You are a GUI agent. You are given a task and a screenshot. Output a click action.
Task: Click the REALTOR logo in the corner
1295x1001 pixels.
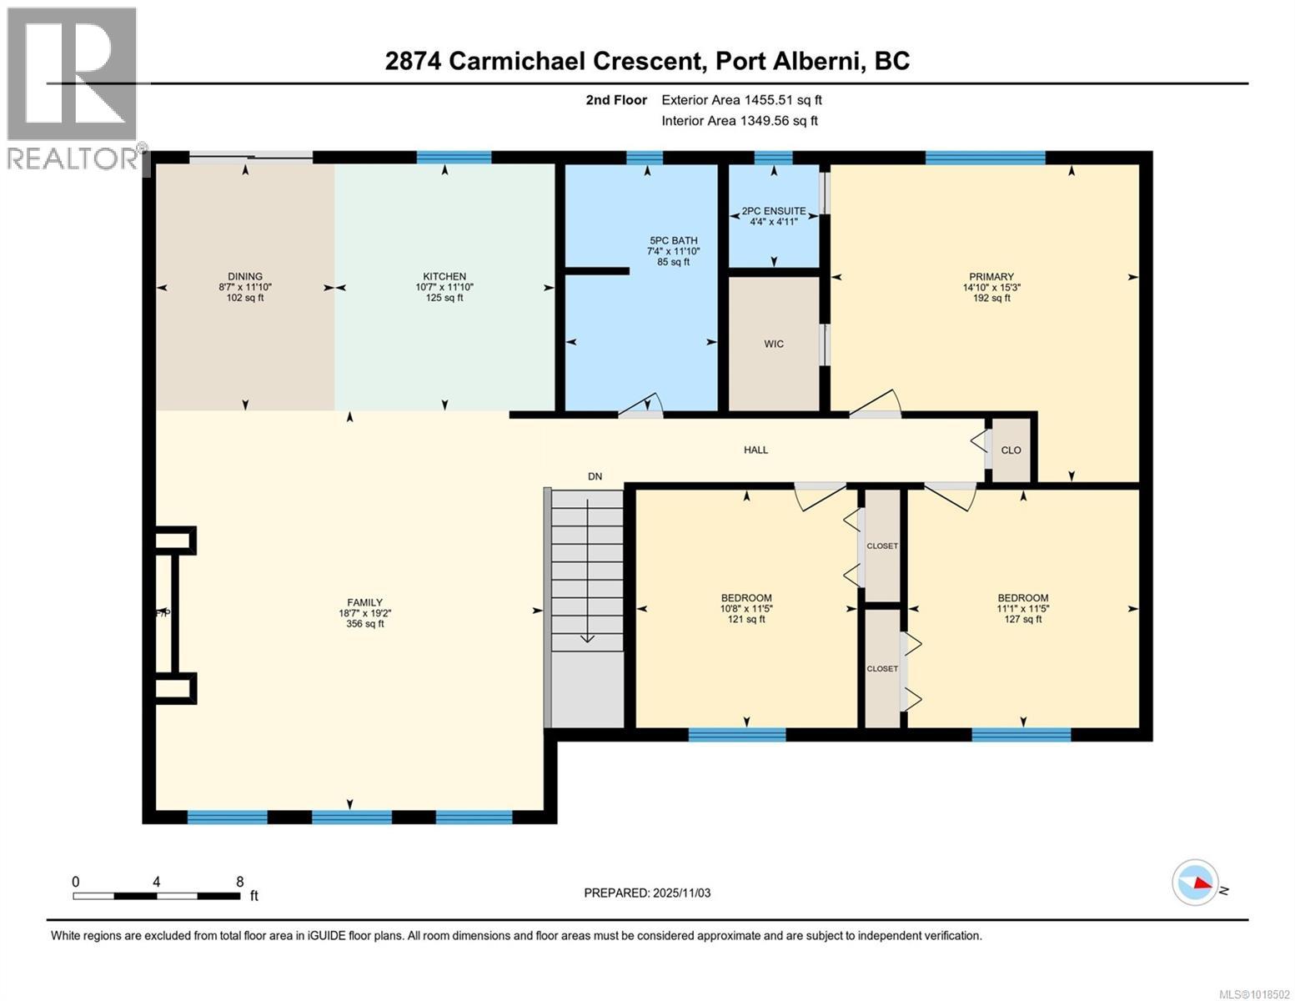point(73,88)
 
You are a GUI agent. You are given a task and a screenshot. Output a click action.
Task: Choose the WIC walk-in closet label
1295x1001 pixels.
point(774,345)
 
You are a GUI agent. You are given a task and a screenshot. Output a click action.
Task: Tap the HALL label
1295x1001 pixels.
point(756,450)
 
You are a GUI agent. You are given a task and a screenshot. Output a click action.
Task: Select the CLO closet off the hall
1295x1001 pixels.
point(1011,450)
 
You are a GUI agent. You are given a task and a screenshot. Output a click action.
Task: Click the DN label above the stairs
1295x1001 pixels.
point(595,477)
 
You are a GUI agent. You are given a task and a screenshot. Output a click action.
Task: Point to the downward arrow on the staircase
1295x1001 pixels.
point(588,637)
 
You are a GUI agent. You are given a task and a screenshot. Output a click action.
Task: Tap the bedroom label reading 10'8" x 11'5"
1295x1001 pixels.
point(746,609)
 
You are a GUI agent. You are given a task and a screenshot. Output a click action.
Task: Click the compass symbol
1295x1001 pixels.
point(1195,883)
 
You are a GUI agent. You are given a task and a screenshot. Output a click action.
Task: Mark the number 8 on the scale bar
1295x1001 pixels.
point(240,882)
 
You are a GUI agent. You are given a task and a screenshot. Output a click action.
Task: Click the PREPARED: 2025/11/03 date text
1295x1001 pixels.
point(647,893)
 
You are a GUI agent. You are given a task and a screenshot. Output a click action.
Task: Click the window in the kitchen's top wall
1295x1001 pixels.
point(454,158)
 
